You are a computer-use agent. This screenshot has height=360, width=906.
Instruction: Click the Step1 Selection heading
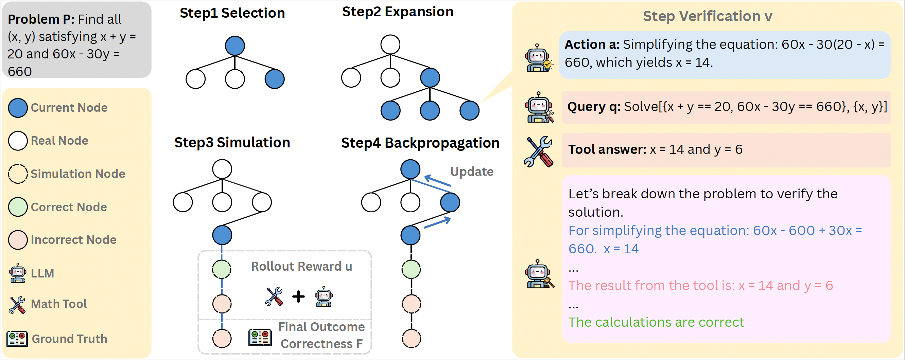pos(232,13)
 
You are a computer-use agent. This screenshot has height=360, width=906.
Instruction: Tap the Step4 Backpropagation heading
pos(420,143)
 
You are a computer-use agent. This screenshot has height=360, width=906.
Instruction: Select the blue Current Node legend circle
pos(18,108)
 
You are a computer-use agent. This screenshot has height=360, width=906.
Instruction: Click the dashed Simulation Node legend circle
pos(18,174)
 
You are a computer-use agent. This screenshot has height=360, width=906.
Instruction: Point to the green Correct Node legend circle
pos(18,207)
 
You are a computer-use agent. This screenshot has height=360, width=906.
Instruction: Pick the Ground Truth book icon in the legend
pos(17,339)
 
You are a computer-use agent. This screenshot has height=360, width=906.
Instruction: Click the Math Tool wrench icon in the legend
pos(17,304)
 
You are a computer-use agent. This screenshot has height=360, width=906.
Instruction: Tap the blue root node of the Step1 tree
pos(234,46)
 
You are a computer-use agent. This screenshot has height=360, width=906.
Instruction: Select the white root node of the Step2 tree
pos(390,44)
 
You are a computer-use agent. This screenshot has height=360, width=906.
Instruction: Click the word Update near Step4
pos(472,172)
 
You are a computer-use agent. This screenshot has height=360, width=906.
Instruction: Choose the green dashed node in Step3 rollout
pos(222,269)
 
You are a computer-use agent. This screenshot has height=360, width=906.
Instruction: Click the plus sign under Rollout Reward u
pos(298,296)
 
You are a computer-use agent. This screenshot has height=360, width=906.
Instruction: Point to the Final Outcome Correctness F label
pos(321,335)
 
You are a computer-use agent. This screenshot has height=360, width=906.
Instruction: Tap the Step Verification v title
pos(707,16)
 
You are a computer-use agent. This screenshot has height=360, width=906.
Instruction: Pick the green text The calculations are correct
pos(656,322)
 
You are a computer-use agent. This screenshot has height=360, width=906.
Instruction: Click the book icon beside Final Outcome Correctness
pos(260,338)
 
